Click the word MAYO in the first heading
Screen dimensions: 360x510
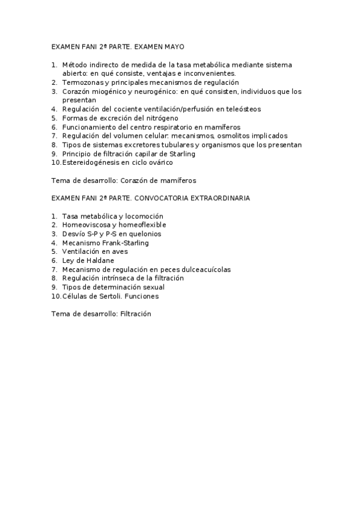coord(174,46)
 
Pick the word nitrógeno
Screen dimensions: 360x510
coord(162,118)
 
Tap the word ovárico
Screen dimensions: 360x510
coord(159,162)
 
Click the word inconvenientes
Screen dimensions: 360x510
coord(207,73)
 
